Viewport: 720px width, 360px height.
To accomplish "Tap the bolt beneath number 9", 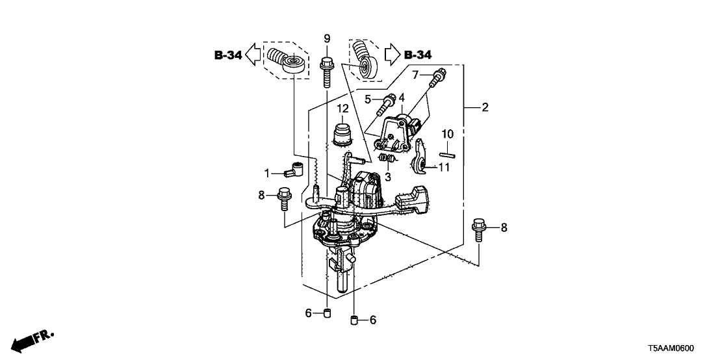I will [x=327, y=71].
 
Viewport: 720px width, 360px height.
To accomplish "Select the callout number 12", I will [x=342, y=108].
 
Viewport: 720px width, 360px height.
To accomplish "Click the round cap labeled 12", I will [x=342, y=135].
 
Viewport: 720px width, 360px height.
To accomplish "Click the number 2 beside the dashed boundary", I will [x=485, y=108].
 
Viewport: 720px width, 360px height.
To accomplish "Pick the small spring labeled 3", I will [x=387, y=159].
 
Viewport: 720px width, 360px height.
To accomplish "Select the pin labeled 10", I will [x=446, y=155].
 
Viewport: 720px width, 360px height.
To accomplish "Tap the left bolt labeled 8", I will [x=284, y=198].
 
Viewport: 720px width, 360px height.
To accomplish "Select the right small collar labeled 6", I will [x=355, y=320].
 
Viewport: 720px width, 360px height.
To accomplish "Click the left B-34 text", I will [x=228, y=56].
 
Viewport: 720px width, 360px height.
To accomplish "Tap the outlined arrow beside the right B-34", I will [x=392, y=53].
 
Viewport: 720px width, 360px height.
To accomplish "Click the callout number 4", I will [x=402, y=97].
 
